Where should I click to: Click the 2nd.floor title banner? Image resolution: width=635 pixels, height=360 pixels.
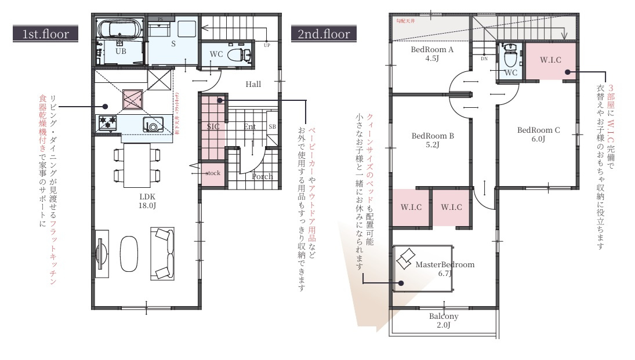[324, 34]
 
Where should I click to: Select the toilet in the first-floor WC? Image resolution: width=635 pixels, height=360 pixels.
[237, 56]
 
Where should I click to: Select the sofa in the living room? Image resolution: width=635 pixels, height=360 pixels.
[163, 253]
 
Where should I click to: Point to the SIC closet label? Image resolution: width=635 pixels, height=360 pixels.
[212, 126]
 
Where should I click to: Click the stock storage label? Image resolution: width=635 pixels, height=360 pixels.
[213, 173]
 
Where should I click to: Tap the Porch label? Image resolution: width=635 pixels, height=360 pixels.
[262, 176]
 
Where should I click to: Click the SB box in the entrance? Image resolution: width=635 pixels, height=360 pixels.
[271, 126]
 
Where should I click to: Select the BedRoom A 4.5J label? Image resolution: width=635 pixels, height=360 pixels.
[432, 54]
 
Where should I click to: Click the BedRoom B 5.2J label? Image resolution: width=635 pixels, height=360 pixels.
[432, 140]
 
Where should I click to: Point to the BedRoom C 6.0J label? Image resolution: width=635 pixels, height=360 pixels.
[538, 134]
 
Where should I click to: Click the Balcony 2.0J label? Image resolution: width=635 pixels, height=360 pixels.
[444, 321]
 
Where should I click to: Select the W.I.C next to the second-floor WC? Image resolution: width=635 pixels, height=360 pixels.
[550, 60]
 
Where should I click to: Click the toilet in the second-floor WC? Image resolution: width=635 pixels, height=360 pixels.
[510, 57]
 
